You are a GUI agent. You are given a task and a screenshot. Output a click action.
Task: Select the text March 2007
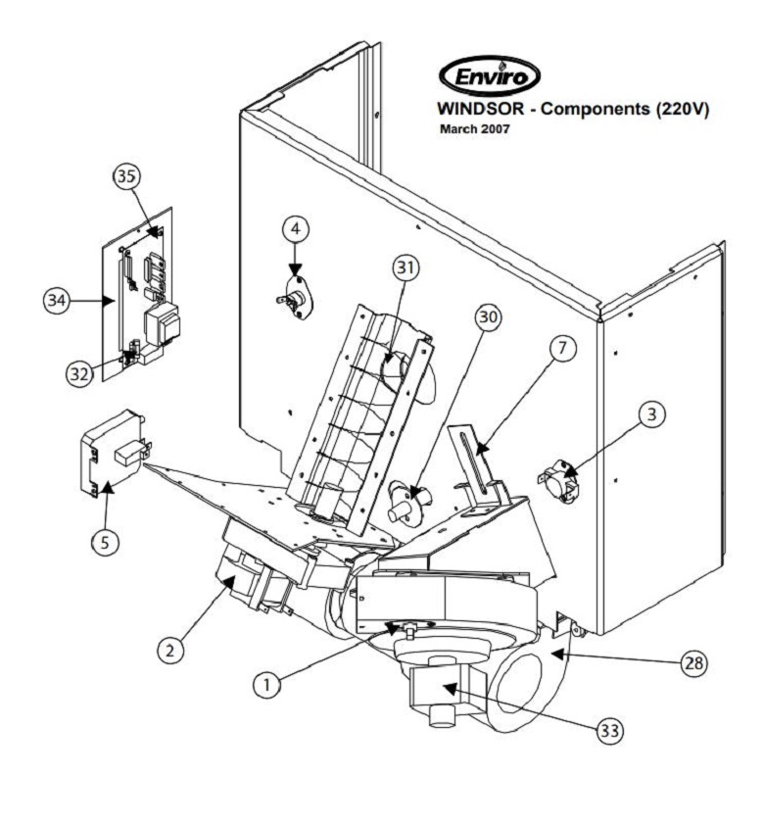[x=475, y=129]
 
